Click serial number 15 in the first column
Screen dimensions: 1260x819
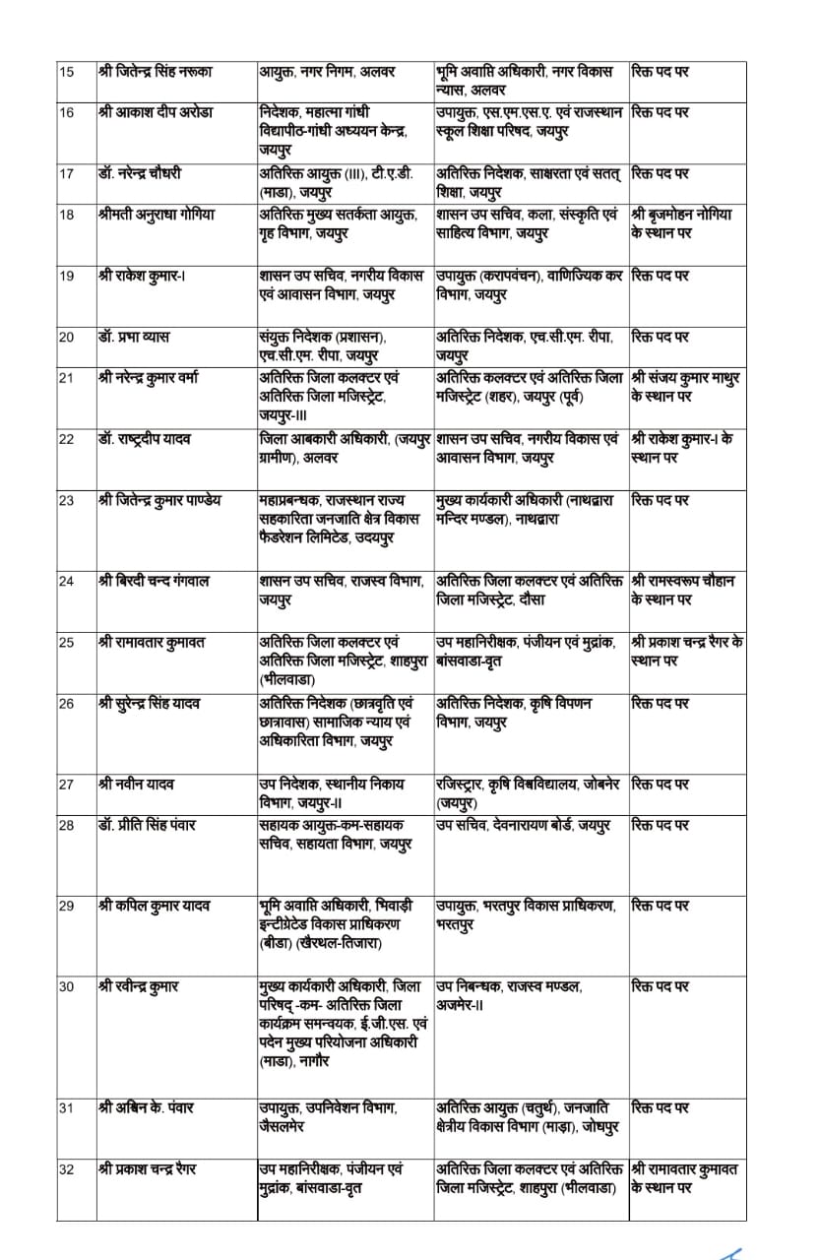click(67, 72)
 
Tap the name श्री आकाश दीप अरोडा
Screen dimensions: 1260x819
click(151, 112)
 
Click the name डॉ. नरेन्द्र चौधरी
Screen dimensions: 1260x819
click(140, 173)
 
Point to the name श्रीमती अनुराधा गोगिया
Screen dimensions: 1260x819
click(157, 214)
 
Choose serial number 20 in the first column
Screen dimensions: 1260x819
click(67, 337)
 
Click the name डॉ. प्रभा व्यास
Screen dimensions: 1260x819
click(134, 337)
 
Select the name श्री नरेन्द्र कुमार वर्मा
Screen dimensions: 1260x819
click(157, 377)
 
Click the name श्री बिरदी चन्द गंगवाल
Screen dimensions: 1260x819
click(155, 581)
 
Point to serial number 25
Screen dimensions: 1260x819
click(67, 642)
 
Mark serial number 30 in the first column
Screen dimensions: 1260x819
click(67, 986)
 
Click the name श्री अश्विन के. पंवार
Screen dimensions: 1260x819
click(147, 1107)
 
